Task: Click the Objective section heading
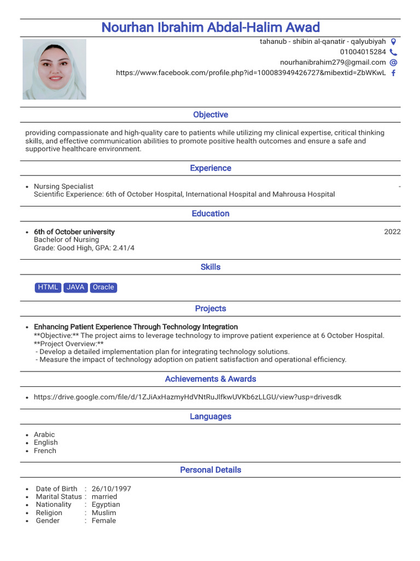pyautogui.click(x=210, y=115)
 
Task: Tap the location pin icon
pyautogui.click(x=393, y=42)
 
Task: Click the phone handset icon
pyautogui.click(x=393, y=52)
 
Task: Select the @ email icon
pyautogui.click(x=393, y=62)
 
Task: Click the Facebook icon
pyautogui.click(x=393, y=73)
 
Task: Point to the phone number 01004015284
pyautogui.click(x=363, y=52)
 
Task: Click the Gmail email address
pyautogui.click(x=332, y=62)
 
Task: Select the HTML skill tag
pyautogui.click(x=48, y=287)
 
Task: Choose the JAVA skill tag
pyautogui.click(x=75, y=287)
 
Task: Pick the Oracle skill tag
pyautogui.click(x=103, y=287)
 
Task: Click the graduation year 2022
pyautogui.click(x=392, y=232)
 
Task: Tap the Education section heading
pyautogui.click(x=210, y=214)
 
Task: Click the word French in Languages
pyautogui.click(x=45, y=450)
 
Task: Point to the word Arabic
pyautogui.click(x=44, y=434)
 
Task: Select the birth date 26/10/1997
pyautogui.click(x=112, y=489)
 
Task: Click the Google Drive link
pyautogui.click(x=187, y=397)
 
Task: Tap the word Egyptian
pyautogui.click(x=106, y=505)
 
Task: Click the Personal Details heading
pyautogui.click(x=210, y=470)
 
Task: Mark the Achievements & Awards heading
pyautogui.click(x=210, y=379)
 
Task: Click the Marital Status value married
pyautogui.click(x=104, y=497)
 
